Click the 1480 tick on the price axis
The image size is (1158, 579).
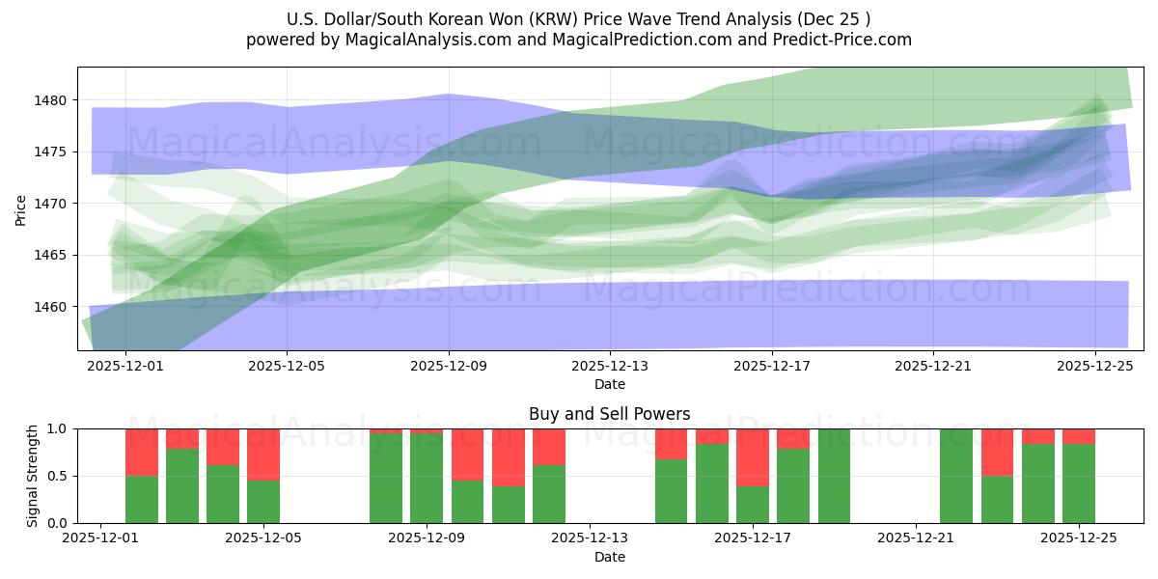coord(50,100)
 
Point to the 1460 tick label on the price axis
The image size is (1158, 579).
coord(50,307)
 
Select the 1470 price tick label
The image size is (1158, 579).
coord(50,204)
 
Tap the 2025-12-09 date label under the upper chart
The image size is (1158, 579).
coord(449,367)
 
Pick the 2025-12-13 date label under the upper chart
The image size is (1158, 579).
coord(610,367)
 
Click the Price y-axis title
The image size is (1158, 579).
coord(21,208)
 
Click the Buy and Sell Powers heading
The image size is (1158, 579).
coord(609,414)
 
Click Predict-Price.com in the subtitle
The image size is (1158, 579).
coord(846,40)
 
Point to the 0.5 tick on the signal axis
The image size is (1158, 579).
coord(58,476)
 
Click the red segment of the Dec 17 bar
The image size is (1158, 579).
coord(753,457)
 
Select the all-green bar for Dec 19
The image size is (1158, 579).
coord(834,476)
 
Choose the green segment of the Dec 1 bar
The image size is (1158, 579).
coord(142,499)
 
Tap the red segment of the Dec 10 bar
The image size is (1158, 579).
coord(509,457)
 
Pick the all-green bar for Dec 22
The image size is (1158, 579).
coord(956,476)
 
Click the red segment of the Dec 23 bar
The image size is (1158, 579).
coord(997,452)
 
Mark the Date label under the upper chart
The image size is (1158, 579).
coord(609,384)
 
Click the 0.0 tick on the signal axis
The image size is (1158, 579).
coord(58,523)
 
